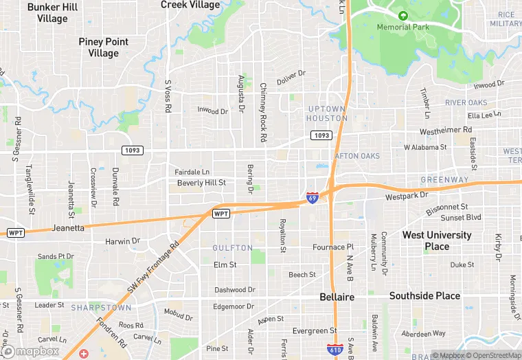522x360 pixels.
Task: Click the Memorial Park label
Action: click(x=403, y=27)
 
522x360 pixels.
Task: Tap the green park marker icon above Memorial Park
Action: click(x=403, y=15)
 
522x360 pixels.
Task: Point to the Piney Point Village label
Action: click(x=104, y=47)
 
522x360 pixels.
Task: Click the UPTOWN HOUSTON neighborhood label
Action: click(x=327, y=113)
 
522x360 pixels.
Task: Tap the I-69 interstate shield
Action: click(x=313, y=198)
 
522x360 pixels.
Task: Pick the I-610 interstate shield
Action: click(x=334, y=350)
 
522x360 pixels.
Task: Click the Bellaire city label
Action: click(x=337, y=297)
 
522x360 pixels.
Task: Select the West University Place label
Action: click(x=437, y=240)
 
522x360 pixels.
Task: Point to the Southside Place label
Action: click(x=424, y=295)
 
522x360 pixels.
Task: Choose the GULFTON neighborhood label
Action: click(x=233, y=247)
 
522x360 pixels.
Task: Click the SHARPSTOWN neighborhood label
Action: click(x=96, y=307)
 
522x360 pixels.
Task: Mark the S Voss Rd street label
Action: click(x=167, y=96)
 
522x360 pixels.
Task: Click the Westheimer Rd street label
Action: click(x=446, y=129)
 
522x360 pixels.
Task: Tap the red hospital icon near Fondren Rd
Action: click(x=84, y=353)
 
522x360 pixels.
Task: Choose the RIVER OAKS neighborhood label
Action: click(x=466, y=102)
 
